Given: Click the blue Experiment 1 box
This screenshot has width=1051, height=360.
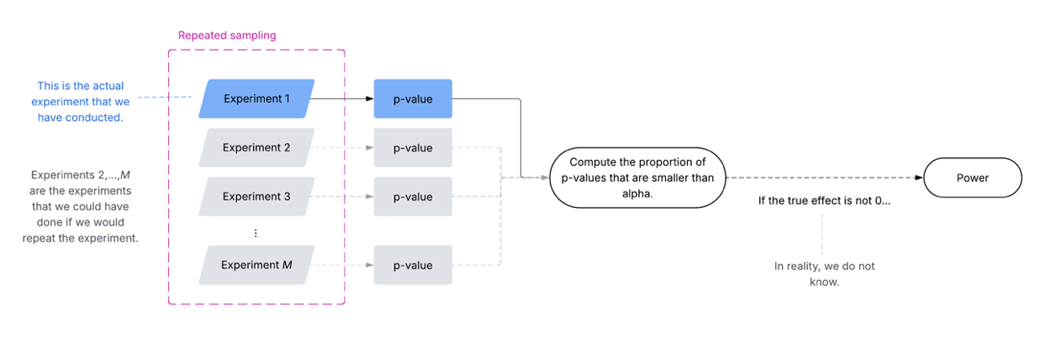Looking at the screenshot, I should click(256, 98).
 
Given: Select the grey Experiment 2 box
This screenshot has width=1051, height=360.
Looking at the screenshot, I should click(256, 148).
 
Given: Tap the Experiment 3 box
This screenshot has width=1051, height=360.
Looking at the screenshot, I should click(256, 197).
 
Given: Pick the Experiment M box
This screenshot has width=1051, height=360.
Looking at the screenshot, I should click(256, 265).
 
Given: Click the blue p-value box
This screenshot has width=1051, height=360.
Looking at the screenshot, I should click(413, 99).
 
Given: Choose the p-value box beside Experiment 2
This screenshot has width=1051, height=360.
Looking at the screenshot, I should click(413, 148).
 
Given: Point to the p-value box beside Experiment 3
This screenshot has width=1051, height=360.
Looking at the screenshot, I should click(413, 197).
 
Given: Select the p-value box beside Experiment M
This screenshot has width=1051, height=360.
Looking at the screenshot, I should click(413, 265).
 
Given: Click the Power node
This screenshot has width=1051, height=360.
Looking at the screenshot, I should click(973, 178).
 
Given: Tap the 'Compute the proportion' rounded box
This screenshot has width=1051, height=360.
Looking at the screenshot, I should click(637, 178).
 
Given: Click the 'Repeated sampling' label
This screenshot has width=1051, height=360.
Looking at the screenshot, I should click(227, 36).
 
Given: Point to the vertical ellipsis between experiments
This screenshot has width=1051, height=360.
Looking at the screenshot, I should click(256, 233).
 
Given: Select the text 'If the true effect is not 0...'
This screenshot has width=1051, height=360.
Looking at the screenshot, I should click(824, 203).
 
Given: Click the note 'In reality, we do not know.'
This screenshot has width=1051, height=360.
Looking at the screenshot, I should click(824, 273).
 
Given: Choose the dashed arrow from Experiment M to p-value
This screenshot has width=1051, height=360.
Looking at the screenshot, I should click(341, 265).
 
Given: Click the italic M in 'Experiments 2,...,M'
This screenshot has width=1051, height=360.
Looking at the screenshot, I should click(125, 175).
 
